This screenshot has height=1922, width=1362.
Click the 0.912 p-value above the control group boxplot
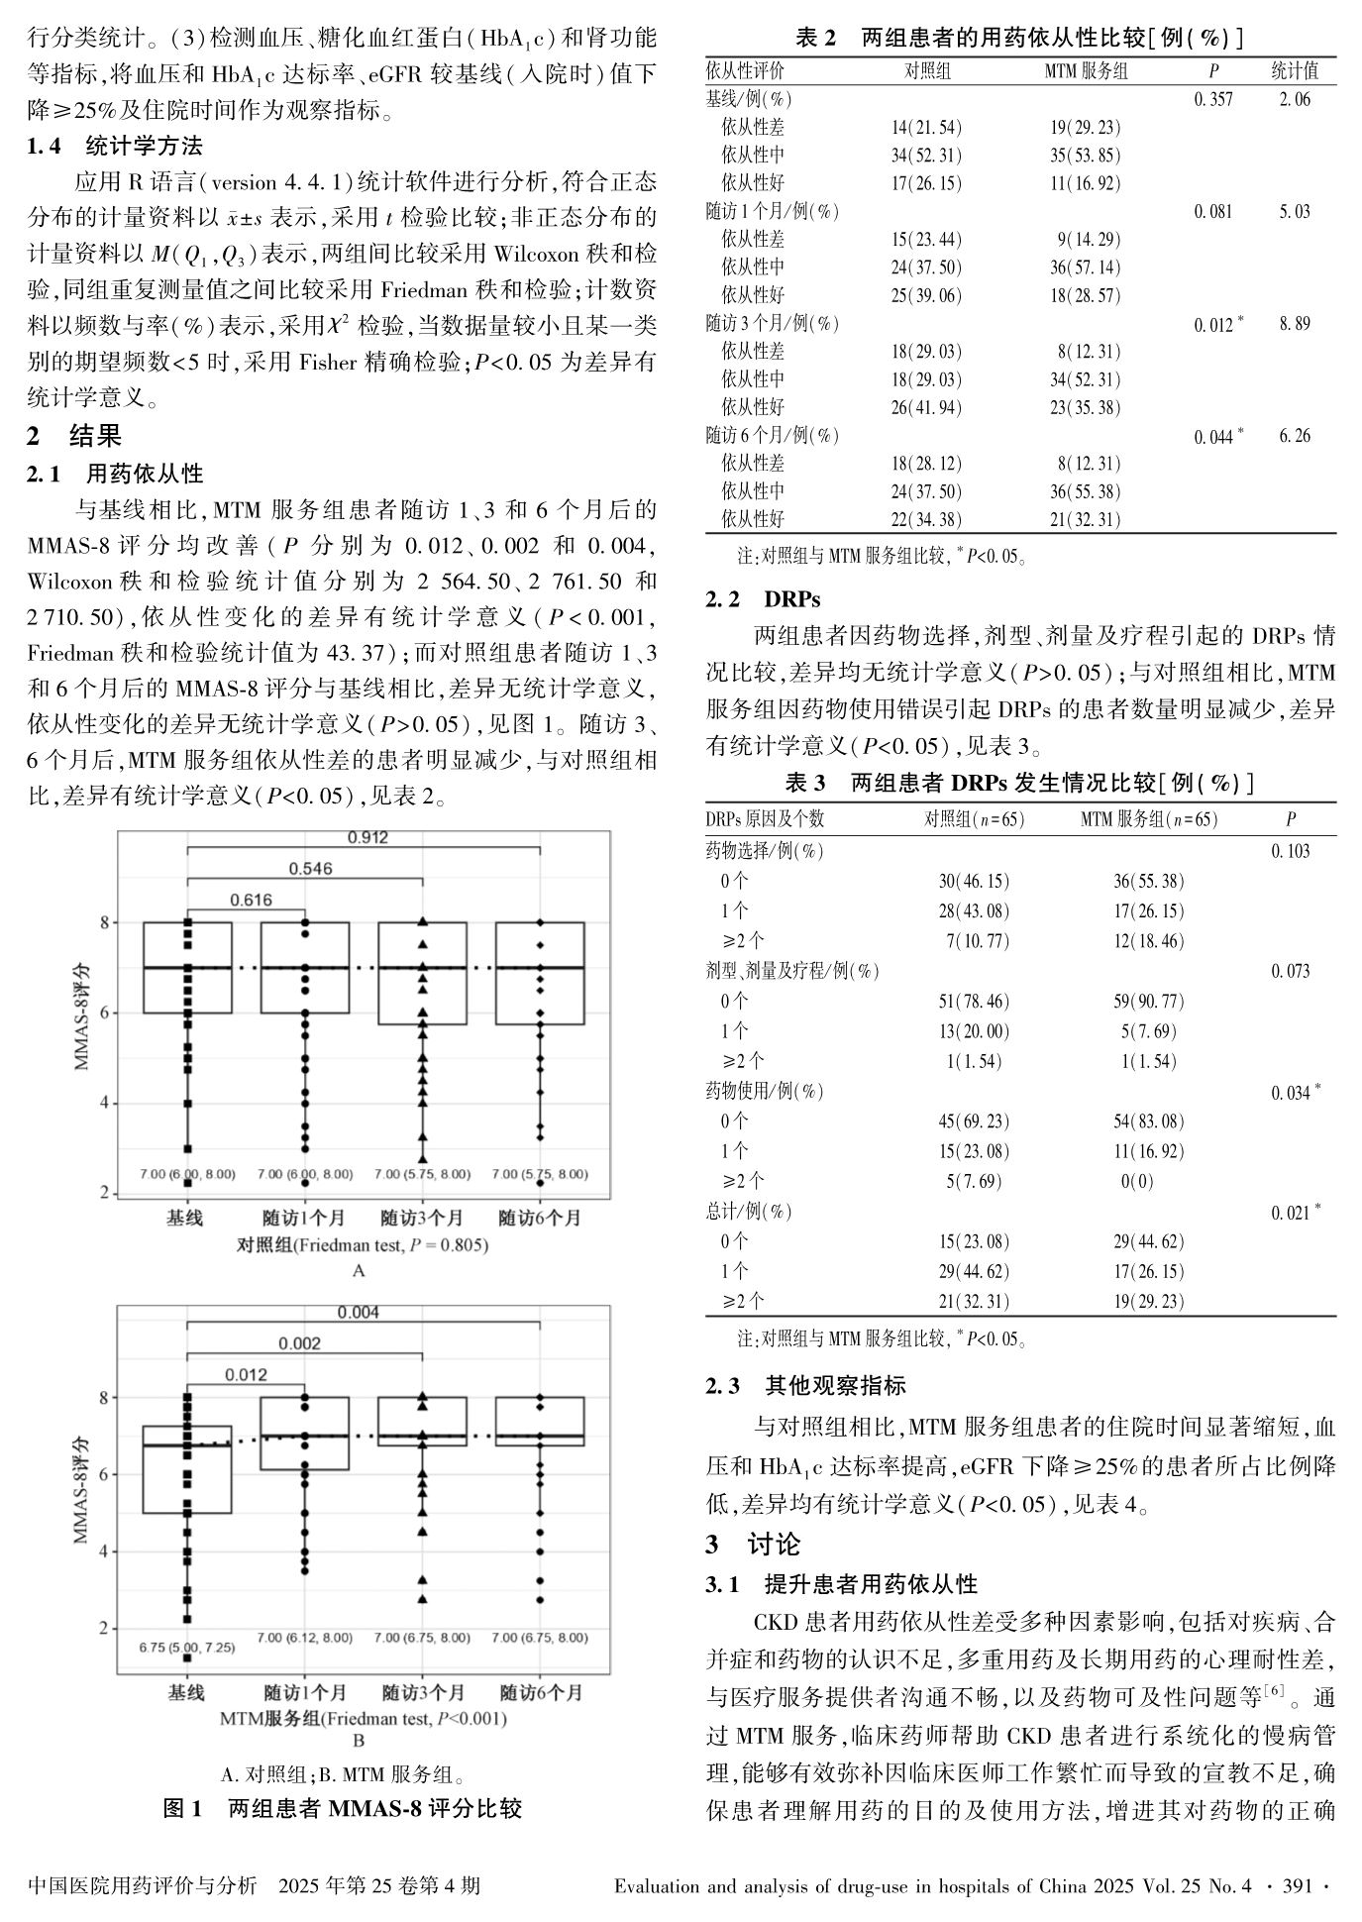367,837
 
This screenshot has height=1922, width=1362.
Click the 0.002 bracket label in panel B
298,1343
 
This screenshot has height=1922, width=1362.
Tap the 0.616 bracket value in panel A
251,900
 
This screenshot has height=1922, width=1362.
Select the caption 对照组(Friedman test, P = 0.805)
363,1244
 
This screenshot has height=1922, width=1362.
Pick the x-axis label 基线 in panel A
184,1218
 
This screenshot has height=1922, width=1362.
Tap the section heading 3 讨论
753,1545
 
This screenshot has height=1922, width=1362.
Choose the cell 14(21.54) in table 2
926,128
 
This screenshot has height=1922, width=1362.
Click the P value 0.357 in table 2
1213,99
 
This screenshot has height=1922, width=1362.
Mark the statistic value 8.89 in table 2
1295,324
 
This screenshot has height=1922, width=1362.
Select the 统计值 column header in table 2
1295,71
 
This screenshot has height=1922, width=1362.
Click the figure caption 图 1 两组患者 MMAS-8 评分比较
342,1808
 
